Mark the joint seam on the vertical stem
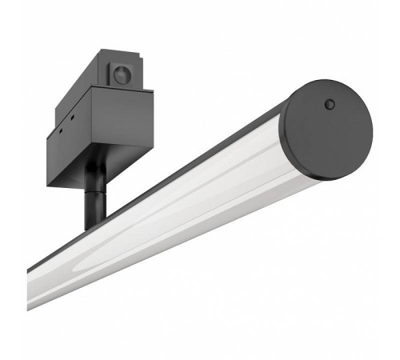(94, 190)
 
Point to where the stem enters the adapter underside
(94, 169)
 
